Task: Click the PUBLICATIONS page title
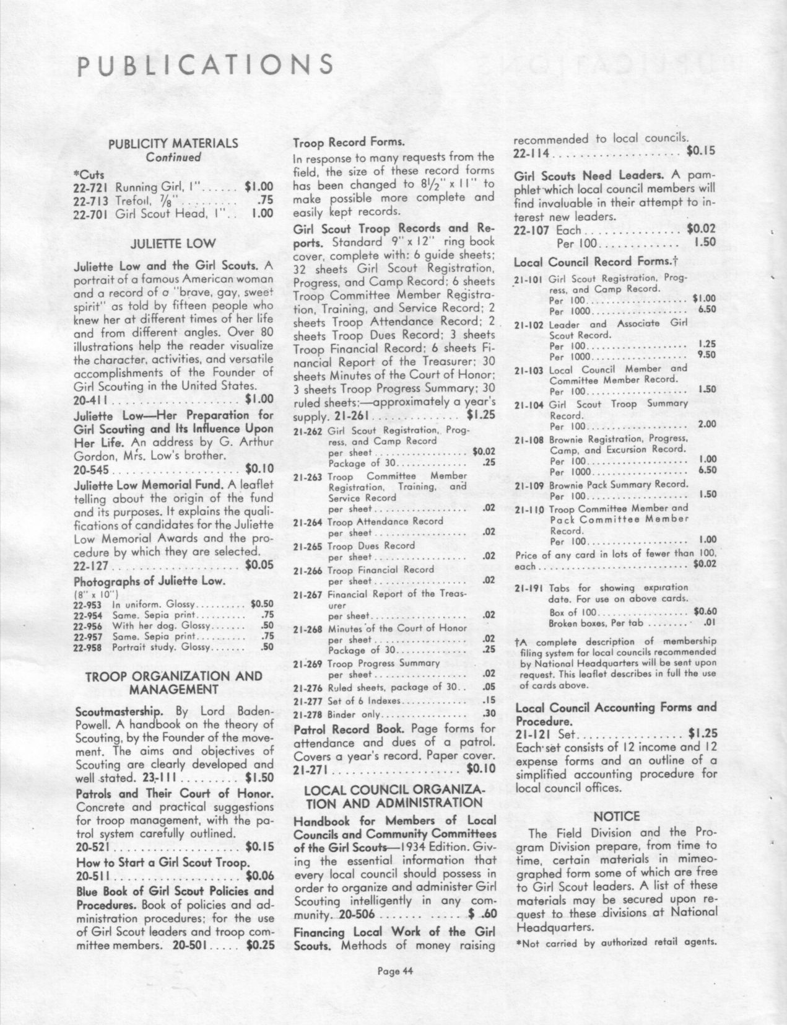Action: [205, 65]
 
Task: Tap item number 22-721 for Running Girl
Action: [92, 185]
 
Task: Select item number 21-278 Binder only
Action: [307, 713]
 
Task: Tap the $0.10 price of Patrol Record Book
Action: [480, 769]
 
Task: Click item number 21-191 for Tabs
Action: [528, 587]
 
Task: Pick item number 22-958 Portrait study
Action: [87, 647]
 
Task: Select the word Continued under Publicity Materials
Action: [173, 157]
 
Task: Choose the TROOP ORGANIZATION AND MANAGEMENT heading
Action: [173, 682]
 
